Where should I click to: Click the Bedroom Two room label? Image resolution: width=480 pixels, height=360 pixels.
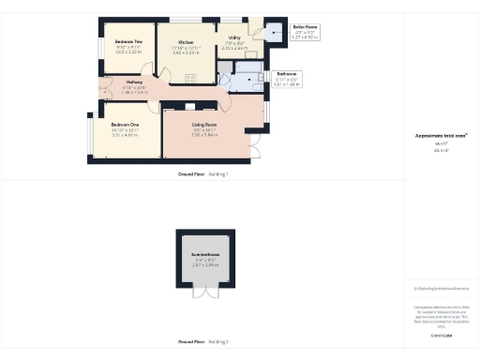pos(128,42)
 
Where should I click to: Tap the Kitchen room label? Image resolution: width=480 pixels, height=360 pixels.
pos(186,42)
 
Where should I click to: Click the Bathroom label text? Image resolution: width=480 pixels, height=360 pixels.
pos(286,72)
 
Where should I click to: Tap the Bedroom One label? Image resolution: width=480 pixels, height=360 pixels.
pos(124,125)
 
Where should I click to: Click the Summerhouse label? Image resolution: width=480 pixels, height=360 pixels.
pos(204,255)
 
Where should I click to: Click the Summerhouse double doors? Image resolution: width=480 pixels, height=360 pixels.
pos(204,292)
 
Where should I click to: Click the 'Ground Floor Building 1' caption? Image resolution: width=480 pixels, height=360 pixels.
pos(202,175)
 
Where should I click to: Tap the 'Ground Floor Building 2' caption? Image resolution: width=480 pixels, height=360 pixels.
pos(202,342)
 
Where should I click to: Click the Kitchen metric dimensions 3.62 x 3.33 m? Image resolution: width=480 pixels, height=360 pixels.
pos(186,53)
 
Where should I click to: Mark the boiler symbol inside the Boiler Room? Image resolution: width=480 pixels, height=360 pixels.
pos(276,33)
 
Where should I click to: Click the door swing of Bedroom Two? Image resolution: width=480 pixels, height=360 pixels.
pos(142,68)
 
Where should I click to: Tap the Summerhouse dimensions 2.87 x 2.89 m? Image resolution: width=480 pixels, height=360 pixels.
pos(204,266)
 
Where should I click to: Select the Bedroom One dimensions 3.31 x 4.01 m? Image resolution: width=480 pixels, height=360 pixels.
pos(124,136)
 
